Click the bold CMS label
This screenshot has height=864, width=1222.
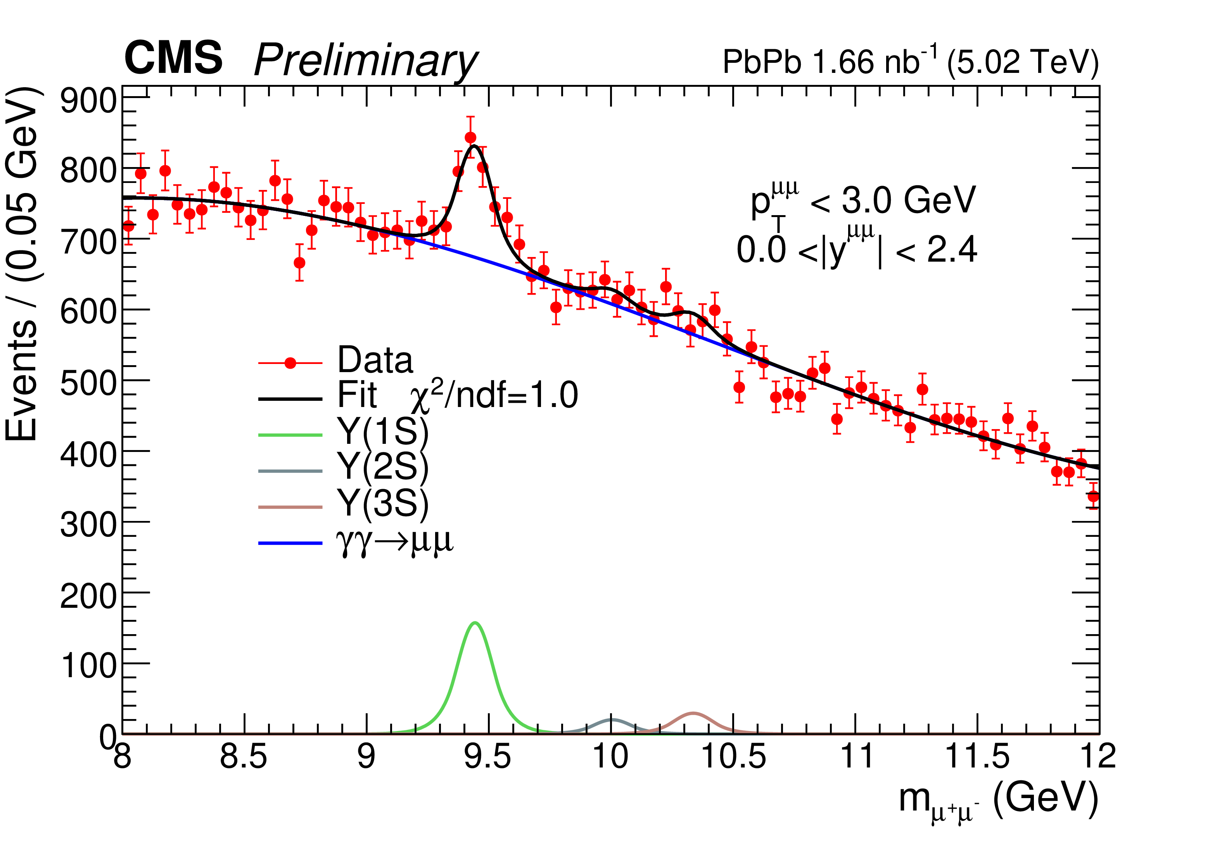173,58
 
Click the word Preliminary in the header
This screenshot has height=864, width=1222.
366,61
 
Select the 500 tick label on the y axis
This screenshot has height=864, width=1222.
88,383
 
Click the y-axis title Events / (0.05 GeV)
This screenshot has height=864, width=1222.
22,263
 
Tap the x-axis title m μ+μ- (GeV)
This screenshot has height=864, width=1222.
998,801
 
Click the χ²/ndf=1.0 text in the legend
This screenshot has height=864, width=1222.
494,397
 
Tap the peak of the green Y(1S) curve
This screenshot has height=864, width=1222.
475,623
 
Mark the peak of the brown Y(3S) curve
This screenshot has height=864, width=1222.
693,713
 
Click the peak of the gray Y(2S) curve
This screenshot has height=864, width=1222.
612,720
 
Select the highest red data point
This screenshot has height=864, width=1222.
470,138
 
